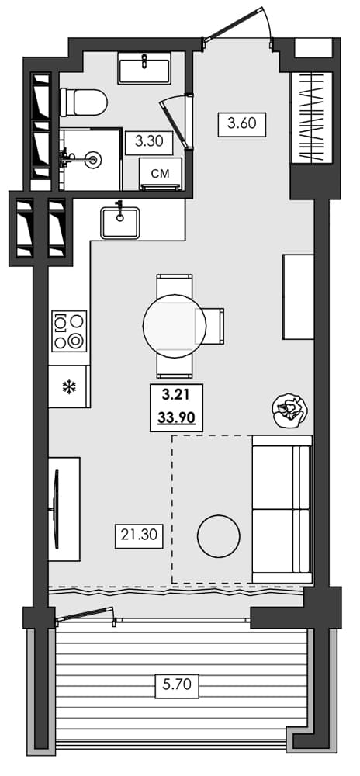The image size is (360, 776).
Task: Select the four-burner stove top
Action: tap(69, 331)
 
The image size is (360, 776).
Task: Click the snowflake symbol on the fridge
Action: tap(68, 386)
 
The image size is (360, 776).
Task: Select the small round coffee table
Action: tap(219, 536)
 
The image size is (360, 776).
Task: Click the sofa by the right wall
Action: tap(281, 509)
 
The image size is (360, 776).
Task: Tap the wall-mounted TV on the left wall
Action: tap(57, 509)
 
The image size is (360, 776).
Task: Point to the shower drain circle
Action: tap(94, 159)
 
